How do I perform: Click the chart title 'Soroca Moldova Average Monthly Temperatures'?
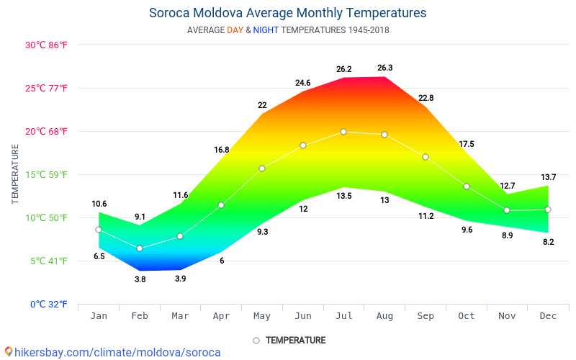point(287,13)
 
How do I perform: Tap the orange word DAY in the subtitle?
point(235,30)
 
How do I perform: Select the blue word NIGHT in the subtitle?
point(266,30)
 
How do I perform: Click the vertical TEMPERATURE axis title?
point(15,174)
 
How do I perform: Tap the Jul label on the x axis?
point(343,316)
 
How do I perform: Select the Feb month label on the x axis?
point(140,316)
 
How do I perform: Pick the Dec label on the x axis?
point(548,316)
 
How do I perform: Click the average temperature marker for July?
point(343,132)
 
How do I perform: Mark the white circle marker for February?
point(140,248)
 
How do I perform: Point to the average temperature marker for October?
point(467,186)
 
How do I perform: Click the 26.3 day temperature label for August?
point(384,68)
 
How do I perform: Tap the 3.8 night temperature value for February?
point(140,279)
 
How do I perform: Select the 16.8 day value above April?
point(221,150)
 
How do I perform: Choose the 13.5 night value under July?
point(343,196)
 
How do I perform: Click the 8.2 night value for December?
point(548,242)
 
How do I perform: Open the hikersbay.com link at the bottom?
point(113,352)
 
